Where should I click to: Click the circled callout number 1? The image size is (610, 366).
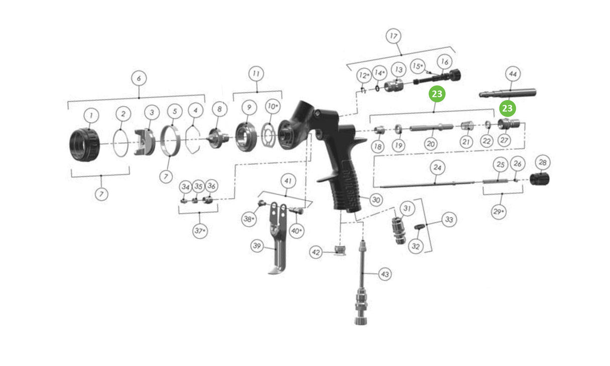tap(91, 116)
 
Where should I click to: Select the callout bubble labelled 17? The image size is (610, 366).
tap(393, 36)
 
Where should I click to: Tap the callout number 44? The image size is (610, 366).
tap(513, 74)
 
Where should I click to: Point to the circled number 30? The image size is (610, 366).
tap(376, 200)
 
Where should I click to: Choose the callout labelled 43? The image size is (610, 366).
tap(385, 274)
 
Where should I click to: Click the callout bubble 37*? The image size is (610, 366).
tap(200, 231)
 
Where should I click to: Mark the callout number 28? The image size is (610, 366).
tap(543, 162)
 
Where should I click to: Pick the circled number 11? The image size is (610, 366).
tap(256, 74)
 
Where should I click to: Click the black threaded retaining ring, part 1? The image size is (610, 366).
tap(85, 145)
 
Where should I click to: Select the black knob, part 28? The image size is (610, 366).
tap(540, 179)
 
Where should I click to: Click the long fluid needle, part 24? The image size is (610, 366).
tap(427, 185)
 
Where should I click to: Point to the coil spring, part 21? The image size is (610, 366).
tap(467, 126)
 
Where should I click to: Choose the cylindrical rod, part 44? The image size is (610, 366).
tap(507, 93)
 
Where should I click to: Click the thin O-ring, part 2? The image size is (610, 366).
tap(121, 143)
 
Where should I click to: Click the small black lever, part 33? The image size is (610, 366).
tap(420, 226)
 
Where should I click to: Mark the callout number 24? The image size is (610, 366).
tap(437, 167)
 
